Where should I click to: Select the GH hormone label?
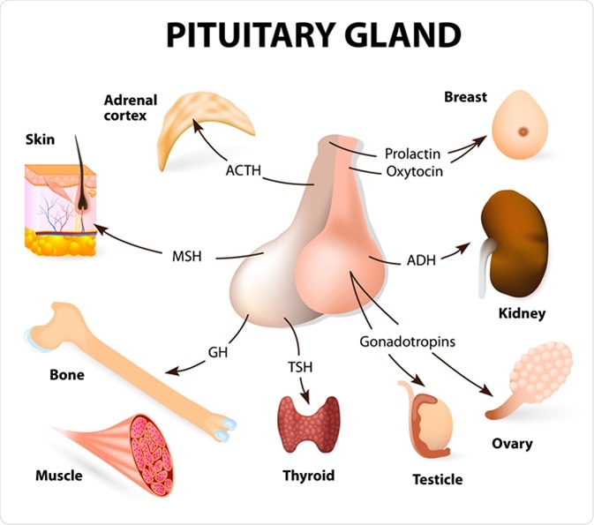(218, 352)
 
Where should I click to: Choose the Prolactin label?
(412, 154)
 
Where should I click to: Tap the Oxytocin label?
(413, 171)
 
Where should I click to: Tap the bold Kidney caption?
(522, 313)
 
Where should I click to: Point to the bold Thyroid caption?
(308, 476)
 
